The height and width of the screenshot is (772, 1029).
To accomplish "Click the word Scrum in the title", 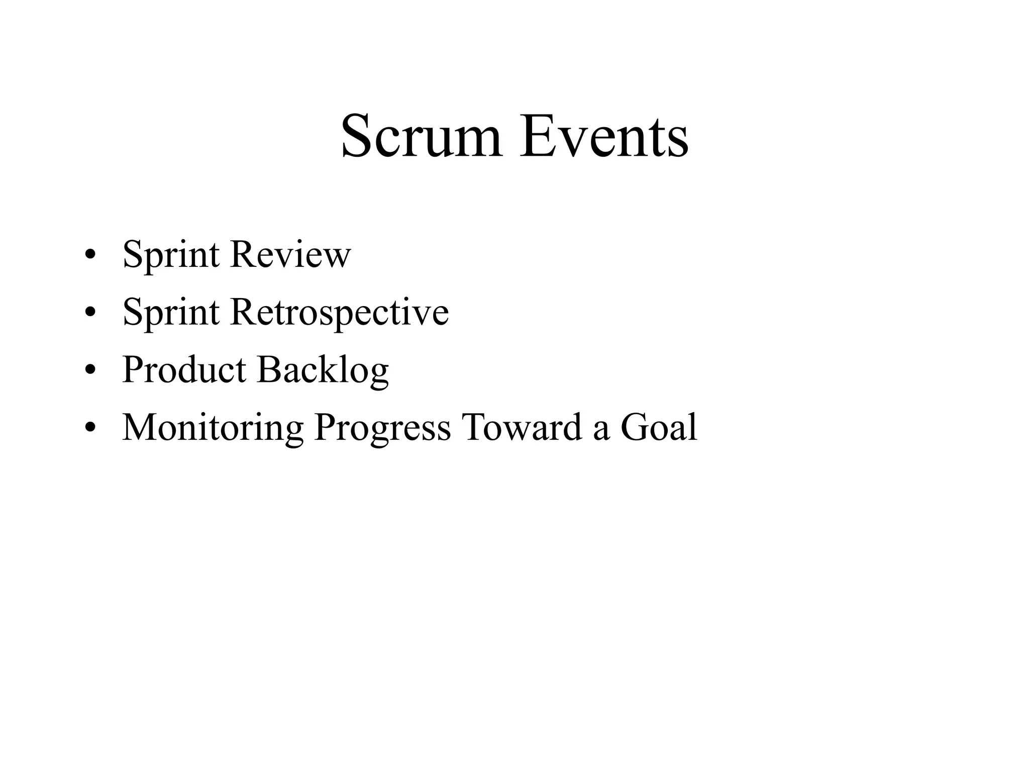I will pos(421,136).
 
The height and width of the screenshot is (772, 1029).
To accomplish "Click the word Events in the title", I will pos(604,136).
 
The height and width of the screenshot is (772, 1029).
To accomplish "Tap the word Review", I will pos(290,255).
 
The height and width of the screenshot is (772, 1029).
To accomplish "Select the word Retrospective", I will pos(339,313).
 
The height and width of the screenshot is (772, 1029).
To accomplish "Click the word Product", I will pos(184,369).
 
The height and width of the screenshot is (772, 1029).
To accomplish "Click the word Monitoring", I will pos(213,428).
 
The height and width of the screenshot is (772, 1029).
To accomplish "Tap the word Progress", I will pos(382,428).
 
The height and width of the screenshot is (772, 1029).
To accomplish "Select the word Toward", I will pos(522,427).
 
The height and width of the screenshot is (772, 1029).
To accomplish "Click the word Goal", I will pos(659,427).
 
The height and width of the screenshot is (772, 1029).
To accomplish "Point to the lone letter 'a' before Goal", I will pos(601,430).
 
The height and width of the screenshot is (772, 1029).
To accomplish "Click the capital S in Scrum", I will pos(357,136).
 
